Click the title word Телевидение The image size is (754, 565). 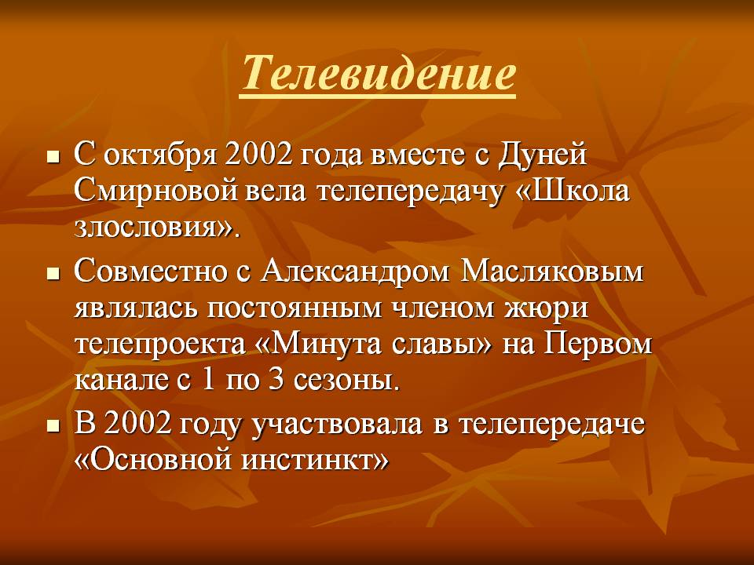tap(378, 72)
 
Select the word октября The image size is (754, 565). tap(159, 155)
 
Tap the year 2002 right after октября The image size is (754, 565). tap(258, 155)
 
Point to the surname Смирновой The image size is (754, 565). tap(156, 191)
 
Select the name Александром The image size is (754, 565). tap(355, 272)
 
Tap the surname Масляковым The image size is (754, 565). tap(551, 272)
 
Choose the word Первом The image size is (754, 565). tap(598, 344)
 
